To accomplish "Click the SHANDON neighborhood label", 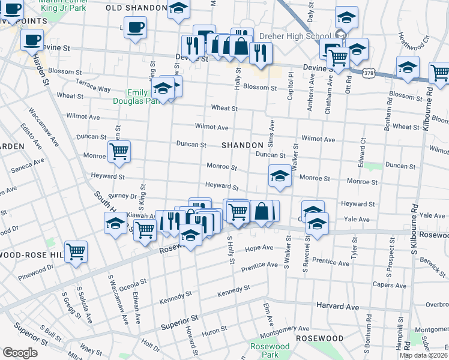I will (x=243, y=146).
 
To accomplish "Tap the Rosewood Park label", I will (x=270, y=350).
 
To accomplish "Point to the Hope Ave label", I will (x=259, y=247).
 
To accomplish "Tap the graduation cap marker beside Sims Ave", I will (x=279, y=176).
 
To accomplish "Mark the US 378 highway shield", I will (x=369, y=73).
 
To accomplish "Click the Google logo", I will (x=20, y=353).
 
